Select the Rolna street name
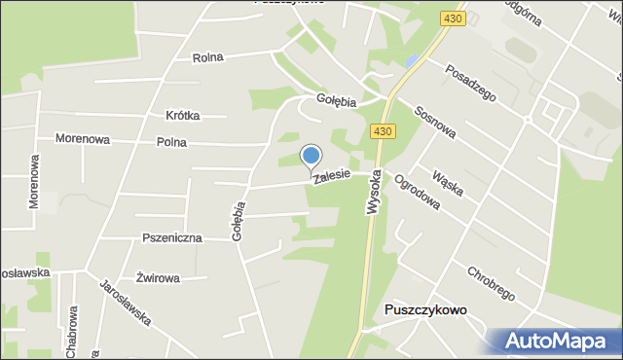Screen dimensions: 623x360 pyautogui.click(x=207, y=57)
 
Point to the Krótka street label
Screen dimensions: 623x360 pyautogui.click(x=183, y=115)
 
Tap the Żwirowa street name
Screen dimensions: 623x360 pyautogui.click(x=158, y=278)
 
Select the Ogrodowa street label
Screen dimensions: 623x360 pyautogui.click(x=417, y=192)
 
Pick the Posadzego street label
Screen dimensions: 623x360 pyautogui.click(x=471, y=83)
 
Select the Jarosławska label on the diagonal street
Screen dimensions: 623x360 pyautogui.click(x=124, y=302)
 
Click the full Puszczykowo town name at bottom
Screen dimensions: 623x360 pyautogui.click(x=425, y=309)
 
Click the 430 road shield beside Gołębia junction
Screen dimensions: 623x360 pyautogui.click(x=382, y=131)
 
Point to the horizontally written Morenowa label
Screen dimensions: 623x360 pyautogui.click(x=82, y=139)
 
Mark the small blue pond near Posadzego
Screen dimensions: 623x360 pyautogui.click(x=412, y=60)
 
